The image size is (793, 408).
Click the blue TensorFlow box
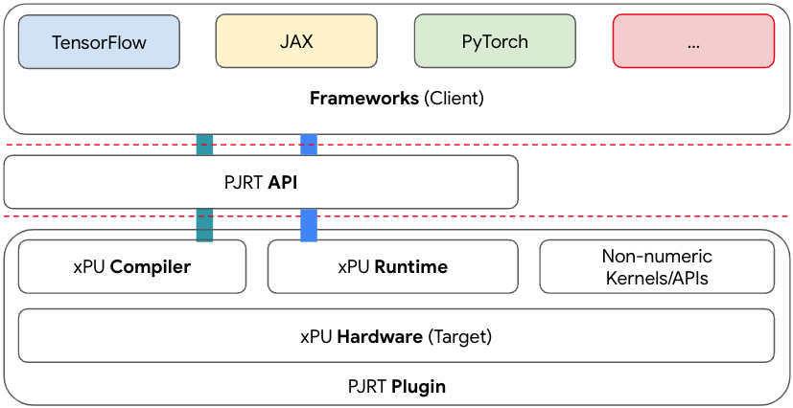coord(99,42)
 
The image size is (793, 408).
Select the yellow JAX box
coord(296,42)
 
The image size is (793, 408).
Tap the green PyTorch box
coord(495,42)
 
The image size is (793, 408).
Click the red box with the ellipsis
coord(693,42)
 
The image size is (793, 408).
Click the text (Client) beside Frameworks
coord(454,98)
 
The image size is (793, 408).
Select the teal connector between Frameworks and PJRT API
coord(204,145)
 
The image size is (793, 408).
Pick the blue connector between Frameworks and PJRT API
coord(309,145)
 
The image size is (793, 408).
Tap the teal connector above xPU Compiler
coord(204,225)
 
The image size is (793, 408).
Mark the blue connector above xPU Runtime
coord(309,225)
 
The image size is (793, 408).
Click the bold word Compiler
coord(151,267)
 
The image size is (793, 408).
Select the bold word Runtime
coord(410,267)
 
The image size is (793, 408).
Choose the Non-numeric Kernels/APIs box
coord(657,267)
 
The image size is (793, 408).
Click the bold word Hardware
coord(380,336)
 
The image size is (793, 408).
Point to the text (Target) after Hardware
coord(459,336)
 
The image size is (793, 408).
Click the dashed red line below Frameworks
coord(575,145)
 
